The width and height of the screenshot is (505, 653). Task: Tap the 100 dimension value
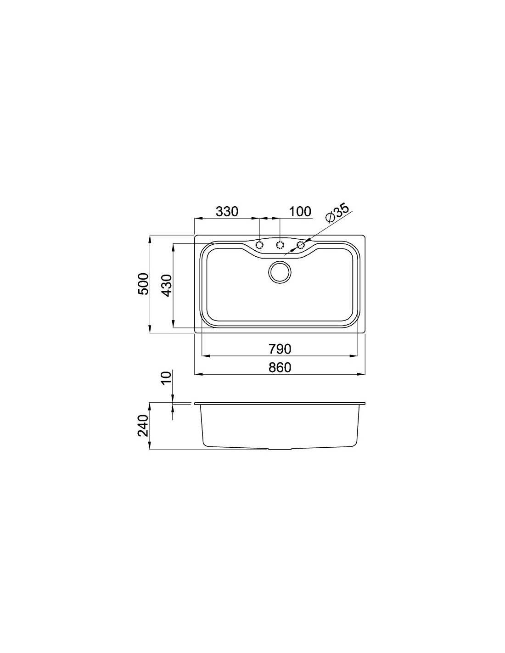pyautogui.click(x=300, y=212)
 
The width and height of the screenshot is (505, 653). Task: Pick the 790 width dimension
pyautogui.click(x=280, y=349)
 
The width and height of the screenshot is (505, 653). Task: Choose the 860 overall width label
pyautogui.click(x=280, y=367)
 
